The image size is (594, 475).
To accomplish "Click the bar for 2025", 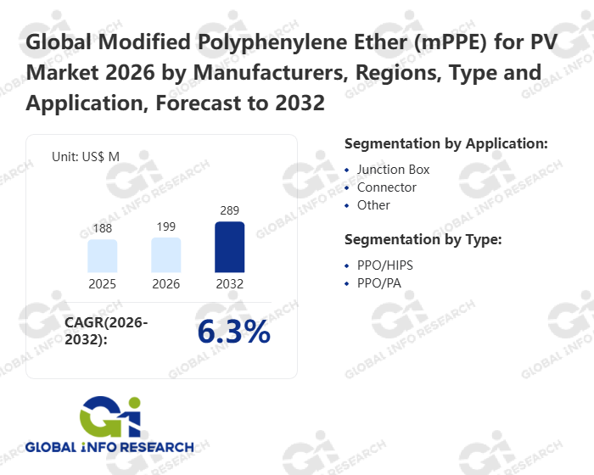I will coord(102,255).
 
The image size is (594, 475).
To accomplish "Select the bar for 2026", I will coord(166,254).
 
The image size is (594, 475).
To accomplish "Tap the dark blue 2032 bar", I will coord(229,247).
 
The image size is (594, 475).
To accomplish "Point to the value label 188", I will coord(102,230).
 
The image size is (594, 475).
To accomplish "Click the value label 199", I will coord(166,227).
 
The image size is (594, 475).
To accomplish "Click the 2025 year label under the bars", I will coord(102,283).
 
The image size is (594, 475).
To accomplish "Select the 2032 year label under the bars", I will coord(229,283).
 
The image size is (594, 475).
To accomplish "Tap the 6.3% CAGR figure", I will coord(233,332).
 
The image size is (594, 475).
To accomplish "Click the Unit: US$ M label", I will coord(86,156).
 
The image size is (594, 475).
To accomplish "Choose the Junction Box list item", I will coord(393,170).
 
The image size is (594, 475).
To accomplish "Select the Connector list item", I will coord(386,187).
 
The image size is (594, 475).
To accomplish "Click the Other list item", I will coord(373,205).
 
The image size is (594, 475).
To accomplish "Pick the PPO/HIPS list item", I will coord(385,265).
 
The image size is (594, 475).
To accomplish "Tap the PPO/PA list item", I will coord(378,283).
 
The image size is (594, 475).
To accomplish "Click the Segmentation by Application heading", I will coord(446,143).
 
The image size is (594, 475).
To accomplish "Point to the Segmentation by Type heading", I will coord(423,240).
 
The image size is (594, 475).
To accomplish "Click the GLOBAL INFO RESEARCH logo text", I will coord(109,447).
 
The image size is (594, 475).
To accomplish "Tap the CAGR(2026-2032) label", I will coord(106,331).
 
